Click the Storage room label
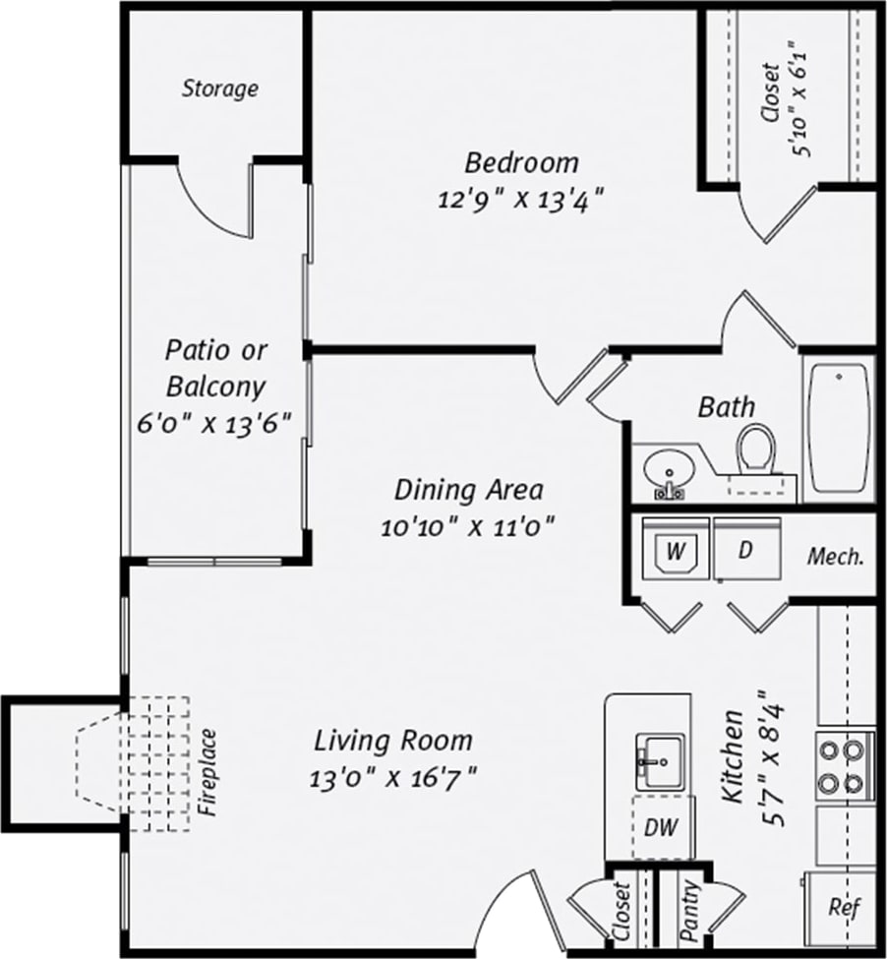[x=219, y=89]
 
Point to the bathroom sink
[x=669, y=471]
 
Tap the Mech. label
[x=835, y=556]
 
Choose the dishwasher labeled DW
[x=660, y=828]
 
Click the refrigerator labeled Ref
[x=839, y=907]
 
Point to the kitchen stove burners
[x=845, y=767]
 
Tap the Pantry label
[x=691, y=909]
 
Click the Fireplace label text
[x=207, y=773]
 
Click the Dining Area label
[x=469, y=489]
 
